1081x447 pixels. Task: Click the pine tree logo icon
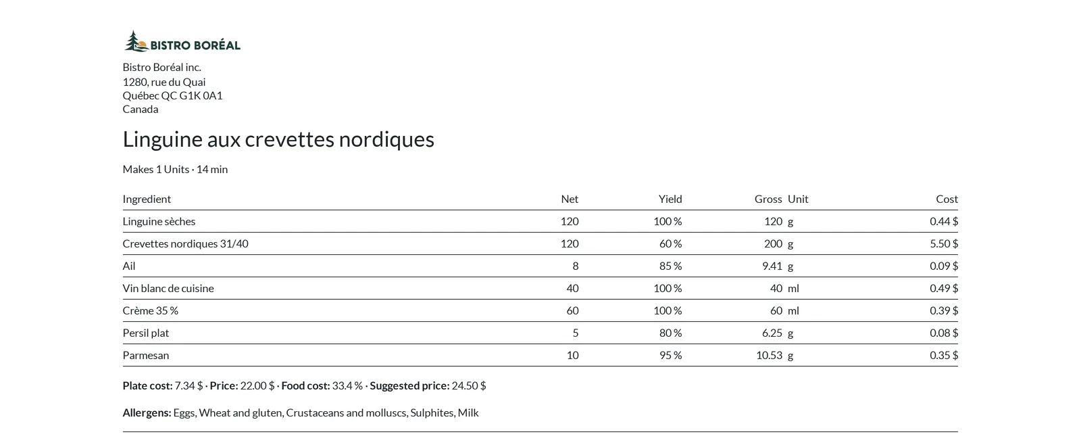[136, 41]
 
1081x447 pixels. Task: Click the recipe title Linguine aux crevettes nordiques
[278, 140]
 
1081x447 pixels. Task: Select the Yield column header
[670, 199]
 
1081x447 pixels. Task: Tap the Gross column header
[768, 199]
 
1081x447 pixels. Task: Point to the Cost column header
[947, 199]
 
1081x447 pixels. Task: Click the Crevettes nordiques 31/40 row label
[185, 243]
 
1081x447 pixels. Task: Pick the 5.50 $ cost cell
[944, 243]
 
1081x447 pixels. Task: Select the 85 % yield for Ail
[671, 266]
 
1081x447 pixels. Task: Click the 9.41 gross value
[772, 266]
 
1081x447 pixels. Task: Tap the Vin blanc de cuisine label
[168, 289]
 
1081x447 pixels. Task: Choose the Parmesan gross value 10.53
[770, 355]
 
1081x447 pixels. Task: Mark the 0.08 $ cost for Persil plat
[944, 333]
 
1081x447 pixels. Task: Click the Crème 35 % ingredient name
[150, 310]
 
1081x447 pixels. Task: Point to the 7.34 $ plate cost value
[188, 385]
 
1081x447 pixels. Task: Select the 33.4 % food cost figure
[347, 385]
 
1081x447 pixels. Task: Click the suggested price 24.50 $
[469, 385]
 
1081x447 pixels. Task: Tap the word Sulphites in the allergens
[432, 413]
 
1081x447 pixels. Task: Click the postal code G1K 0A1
[201, 95]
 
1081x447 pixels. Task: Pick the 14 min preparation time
[212, 170]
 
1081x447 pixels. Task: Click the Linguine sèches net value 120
[570, 221]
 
